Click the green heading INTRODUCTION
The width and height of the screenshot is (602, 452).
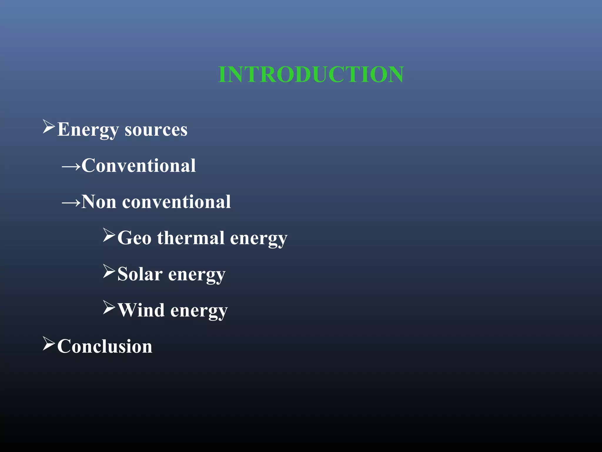click(x=311, y=74)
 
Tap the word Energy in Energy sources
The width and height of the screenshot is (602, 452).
click(x=88, y=129)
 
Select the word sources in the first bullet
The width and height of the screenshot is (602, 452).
click(x=156, y=130)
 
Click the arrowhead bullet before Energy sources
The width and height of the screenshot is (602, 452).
click(x=49, y=127)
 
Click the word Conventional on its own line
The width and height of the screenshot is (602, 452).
click(x=139, y=165)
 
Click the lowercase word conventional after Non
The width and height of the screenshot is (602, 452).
click(x=176, y=202)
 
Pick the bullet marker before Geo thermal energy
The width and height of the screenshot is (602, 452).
click(x=109, y=235)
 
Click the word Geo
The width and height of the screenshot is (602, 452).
click(x=134, y=238)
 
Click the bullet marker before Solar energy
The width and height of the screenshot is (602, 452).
click(x=109, y=271)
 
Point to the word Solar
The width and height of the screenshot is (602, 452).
click(x=140, y=274)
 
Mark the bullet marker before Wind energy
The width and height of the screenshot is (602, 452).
click(x=109, y=308)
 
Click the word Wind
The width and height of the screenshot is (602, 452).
click(x=141, y=310)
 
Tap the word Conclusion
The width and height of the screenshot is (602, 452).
click(x=105, y=346)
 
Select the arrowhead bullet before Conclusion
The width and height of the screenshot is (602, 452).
click(x=49, y=344)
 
